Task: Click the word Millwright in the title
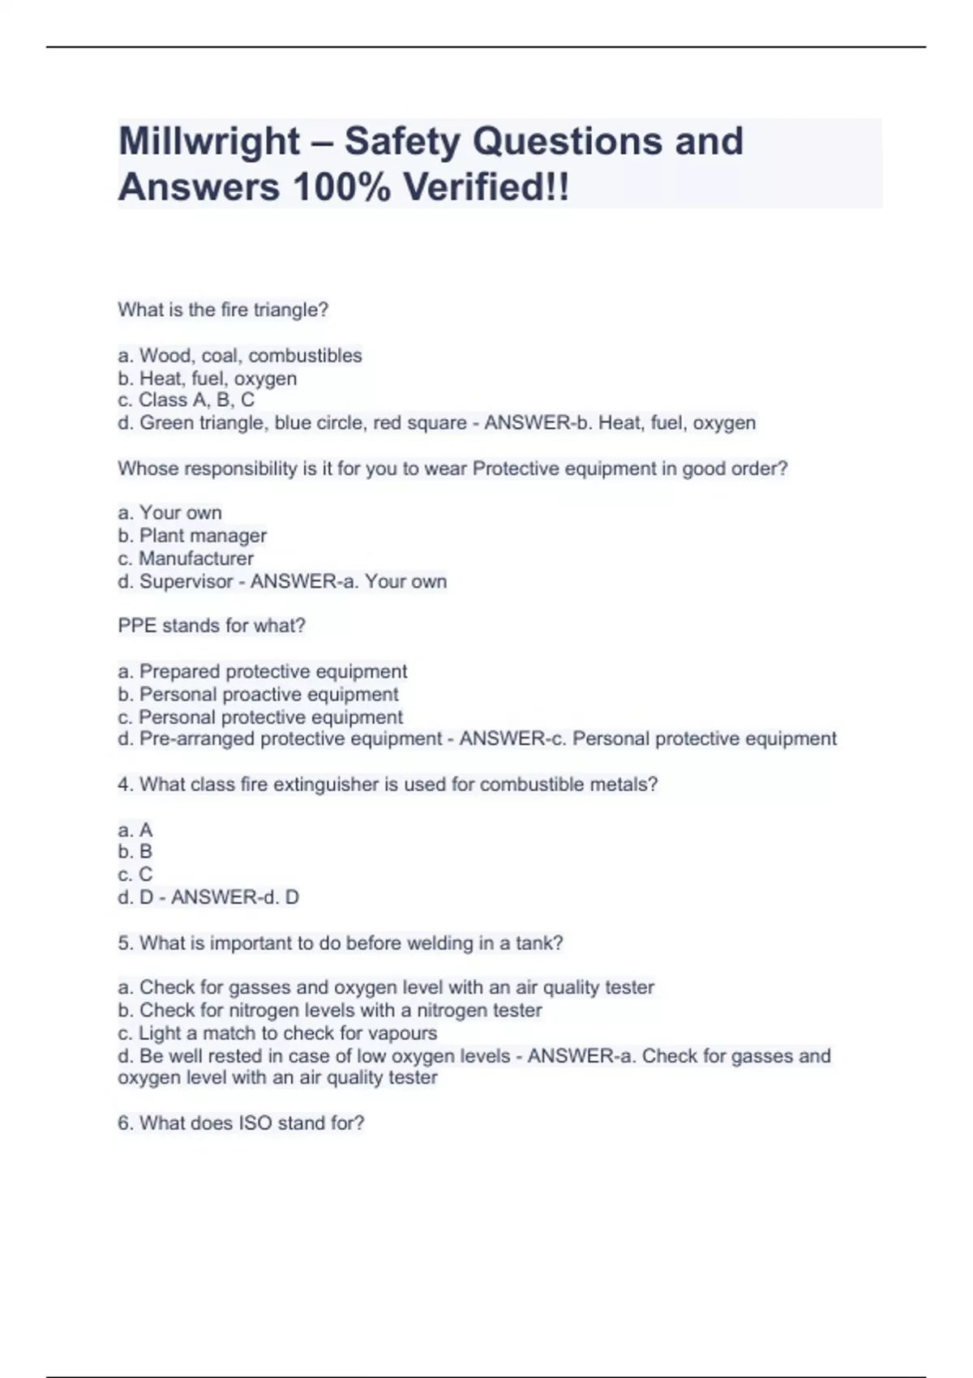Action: tap(209, 142)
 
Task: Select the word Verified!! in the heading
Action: tap(486, 188)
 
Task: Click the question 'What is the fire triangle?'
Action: tap(223, 310)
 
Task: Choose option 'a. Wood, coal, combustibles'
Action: tap(240, 356)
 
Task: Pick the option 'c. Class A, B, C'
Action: tap(186, 400)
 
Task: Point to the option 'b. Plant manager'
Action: tap(192, 536)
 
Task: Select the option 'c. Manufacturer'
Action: tap(186, 558)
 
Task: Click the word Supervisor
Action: tap(186, 581)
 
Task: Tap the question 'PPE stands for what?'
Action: tap(212, 626)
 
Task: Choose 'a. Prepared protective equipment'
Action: tap(263, 672)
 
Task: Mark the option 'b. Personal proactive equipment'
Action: tap(258, 695)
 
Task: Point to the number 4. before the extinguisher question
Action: tap(125, 785)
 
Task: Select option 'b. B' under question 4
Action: tap(135, 852)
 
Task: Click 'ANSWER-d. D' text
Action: tap(235, 897)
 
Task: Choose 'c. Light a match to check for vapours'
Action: tap(277, 1033)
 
